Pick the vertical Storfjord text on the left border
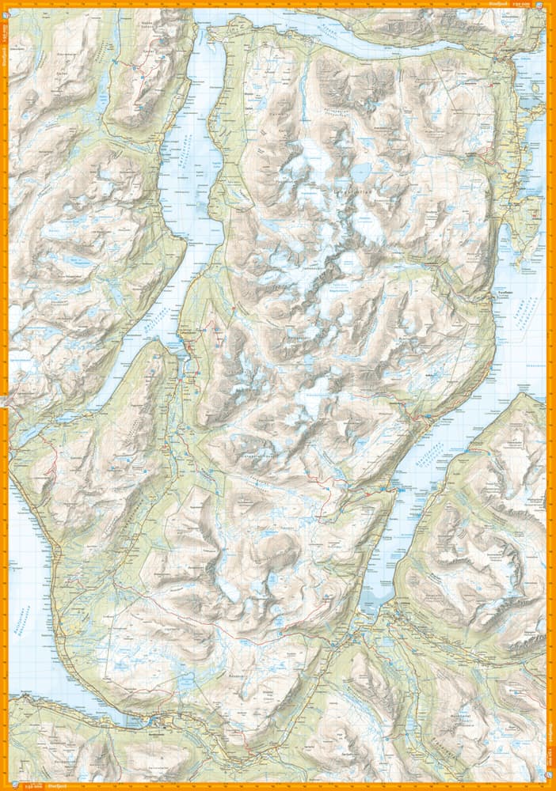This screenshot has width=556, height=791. tap(4, 55)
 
